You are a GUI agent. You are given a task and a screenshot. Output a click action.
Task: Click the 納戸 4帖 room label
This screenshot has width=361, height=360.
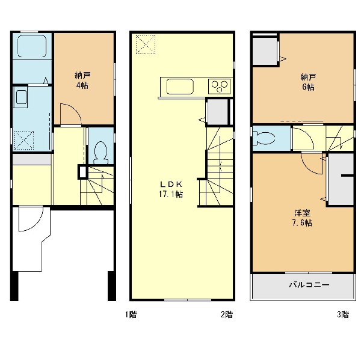82,81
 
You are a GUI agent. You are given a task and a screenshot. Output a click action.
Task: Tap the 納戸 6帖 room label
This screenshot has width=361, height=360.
308,82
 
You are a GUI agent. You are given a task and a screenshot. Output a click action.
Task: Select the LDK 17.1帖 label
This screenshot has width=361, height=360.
171,189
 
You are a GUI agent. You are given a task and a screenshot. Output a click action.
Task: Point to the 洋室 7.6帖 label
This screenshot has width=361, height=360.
302,218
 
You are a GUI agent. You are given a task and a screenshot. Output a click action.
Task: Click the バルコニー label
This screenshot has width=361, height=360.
309,285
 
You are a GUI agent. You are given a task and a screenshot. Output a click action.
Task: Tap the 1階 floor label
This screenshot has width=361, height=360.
131,314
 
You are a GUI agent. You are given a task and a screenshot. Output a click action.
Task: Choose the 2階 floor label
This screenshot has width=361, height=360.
227,314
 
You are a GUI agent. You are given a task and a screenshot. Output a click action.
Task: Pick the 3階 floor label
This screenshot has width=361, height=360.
343,314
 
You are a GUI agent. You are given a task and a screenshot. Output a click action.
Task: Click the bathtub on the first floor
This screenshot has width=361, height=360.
32,46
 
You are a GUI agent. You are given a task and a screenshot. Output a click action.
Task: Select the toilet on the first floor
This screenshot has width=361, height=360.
100,152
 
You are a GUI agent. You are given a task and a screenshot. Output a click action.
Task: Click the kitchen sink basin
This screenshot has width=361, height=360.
179,87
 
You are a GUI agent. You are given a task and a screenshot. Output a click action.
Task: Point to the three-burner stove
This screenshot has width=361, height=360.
220,87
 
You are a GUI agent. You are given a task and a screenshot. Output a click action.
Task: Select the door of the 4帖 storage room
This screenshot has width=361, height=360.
70,114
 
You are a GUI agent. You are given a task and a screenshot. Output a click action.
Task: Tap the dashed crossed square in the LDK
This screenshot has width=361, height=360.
146,44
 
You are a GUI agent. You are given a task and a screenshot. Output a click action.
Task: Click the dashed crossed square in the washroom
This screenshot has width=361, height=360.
24,140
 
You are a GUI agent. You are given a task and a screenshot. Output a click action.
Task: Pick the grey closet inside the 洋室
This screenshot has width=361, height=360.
341,179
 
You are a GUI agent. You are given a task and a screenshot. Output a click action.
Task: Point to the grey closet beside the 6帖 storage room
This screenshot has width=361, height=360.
265,51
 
